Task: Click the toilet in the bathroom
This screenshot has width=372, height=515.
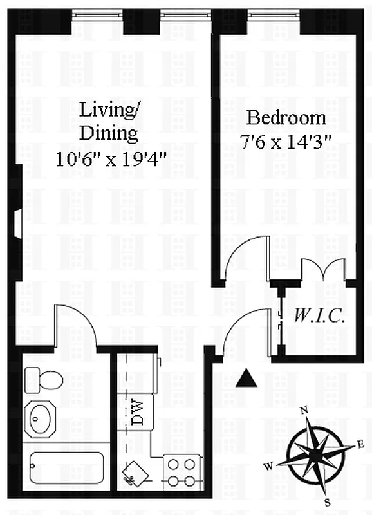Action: tap(44, 380)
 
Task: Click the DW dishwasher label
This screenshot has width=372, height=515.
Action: tap(138, 412)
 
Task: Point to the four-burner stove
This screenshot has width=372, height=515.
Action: tap(181, 472)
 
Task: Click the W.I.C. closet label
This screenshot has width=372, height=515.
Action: tap(319, 316)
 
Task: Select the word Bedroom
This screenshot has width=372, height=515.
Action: tap(286, 117)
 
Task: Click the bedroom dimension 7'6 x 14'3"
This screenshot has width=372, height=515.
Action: tap(286, 142)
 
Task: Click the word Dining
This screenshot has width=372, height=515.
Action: tap(108, 134)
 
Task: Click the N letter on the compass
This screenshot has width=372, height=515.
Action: tap(304, 410)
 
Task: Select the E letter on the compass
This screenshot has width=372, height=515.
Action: tap(360, 445)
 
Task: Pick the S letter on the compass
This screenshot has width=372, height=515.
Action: tap(328, 502)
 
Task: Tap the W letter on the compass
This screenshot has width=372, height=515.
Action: tap(268, 466)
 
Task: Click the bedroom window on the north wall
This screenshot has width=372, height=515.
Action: tap(274, 14)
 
